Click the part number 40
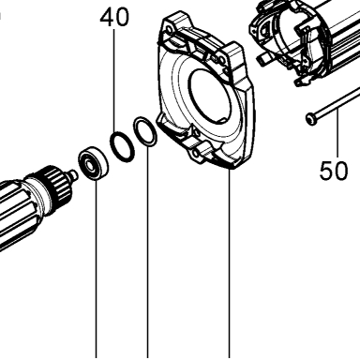[x=114, y=18]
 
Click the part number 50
[x=334, y=171]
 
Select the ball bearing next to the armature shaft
[x=94, y=163]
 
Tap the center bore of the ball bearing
[x=90, y=164]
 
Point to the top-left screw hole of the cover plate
[x=169, y=30]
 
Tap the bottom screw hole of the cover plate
[x=196, y=153]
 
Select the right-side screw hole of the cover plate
[x=221, y=60]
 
